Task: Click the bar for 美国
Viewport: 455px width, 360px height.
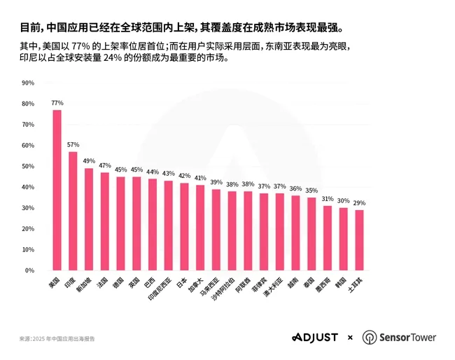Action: (x=57, y=190)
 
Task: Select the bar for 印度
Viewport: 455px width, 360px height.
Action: (x=73, y=211)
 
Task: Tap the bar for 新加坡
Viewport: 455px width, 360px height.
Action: (x=89, y=219)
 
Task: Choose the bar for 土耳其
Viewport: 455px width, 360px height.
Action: (x=359, y=240)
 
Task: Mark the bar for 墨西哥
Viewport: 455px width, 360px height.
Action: (x=328, y=238)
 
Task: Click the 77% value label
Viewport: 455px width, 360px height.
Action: (x=57, y=103)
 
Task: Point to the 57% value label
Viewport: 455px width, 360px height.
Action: (x=73, y=145)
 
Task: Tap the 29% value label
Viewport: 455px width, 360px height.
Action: (x=359, y=203)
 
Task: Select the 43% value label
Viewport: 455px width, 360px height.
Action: (x=168, y=174)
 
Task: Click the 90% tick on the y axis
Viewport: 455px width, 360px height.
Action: (x=28, y=83)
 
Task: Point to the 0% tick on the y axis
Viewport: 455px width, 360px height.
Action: (x=29, y=270)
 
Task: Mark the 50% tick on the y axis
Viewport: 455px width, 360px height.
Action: (x=28, y=166)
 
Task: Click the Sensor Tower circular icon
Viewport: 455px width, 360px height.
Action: (x=369, y=338)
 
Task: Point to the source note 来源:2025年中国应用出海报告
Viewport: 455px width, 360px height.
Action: (x=57, y=338)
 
